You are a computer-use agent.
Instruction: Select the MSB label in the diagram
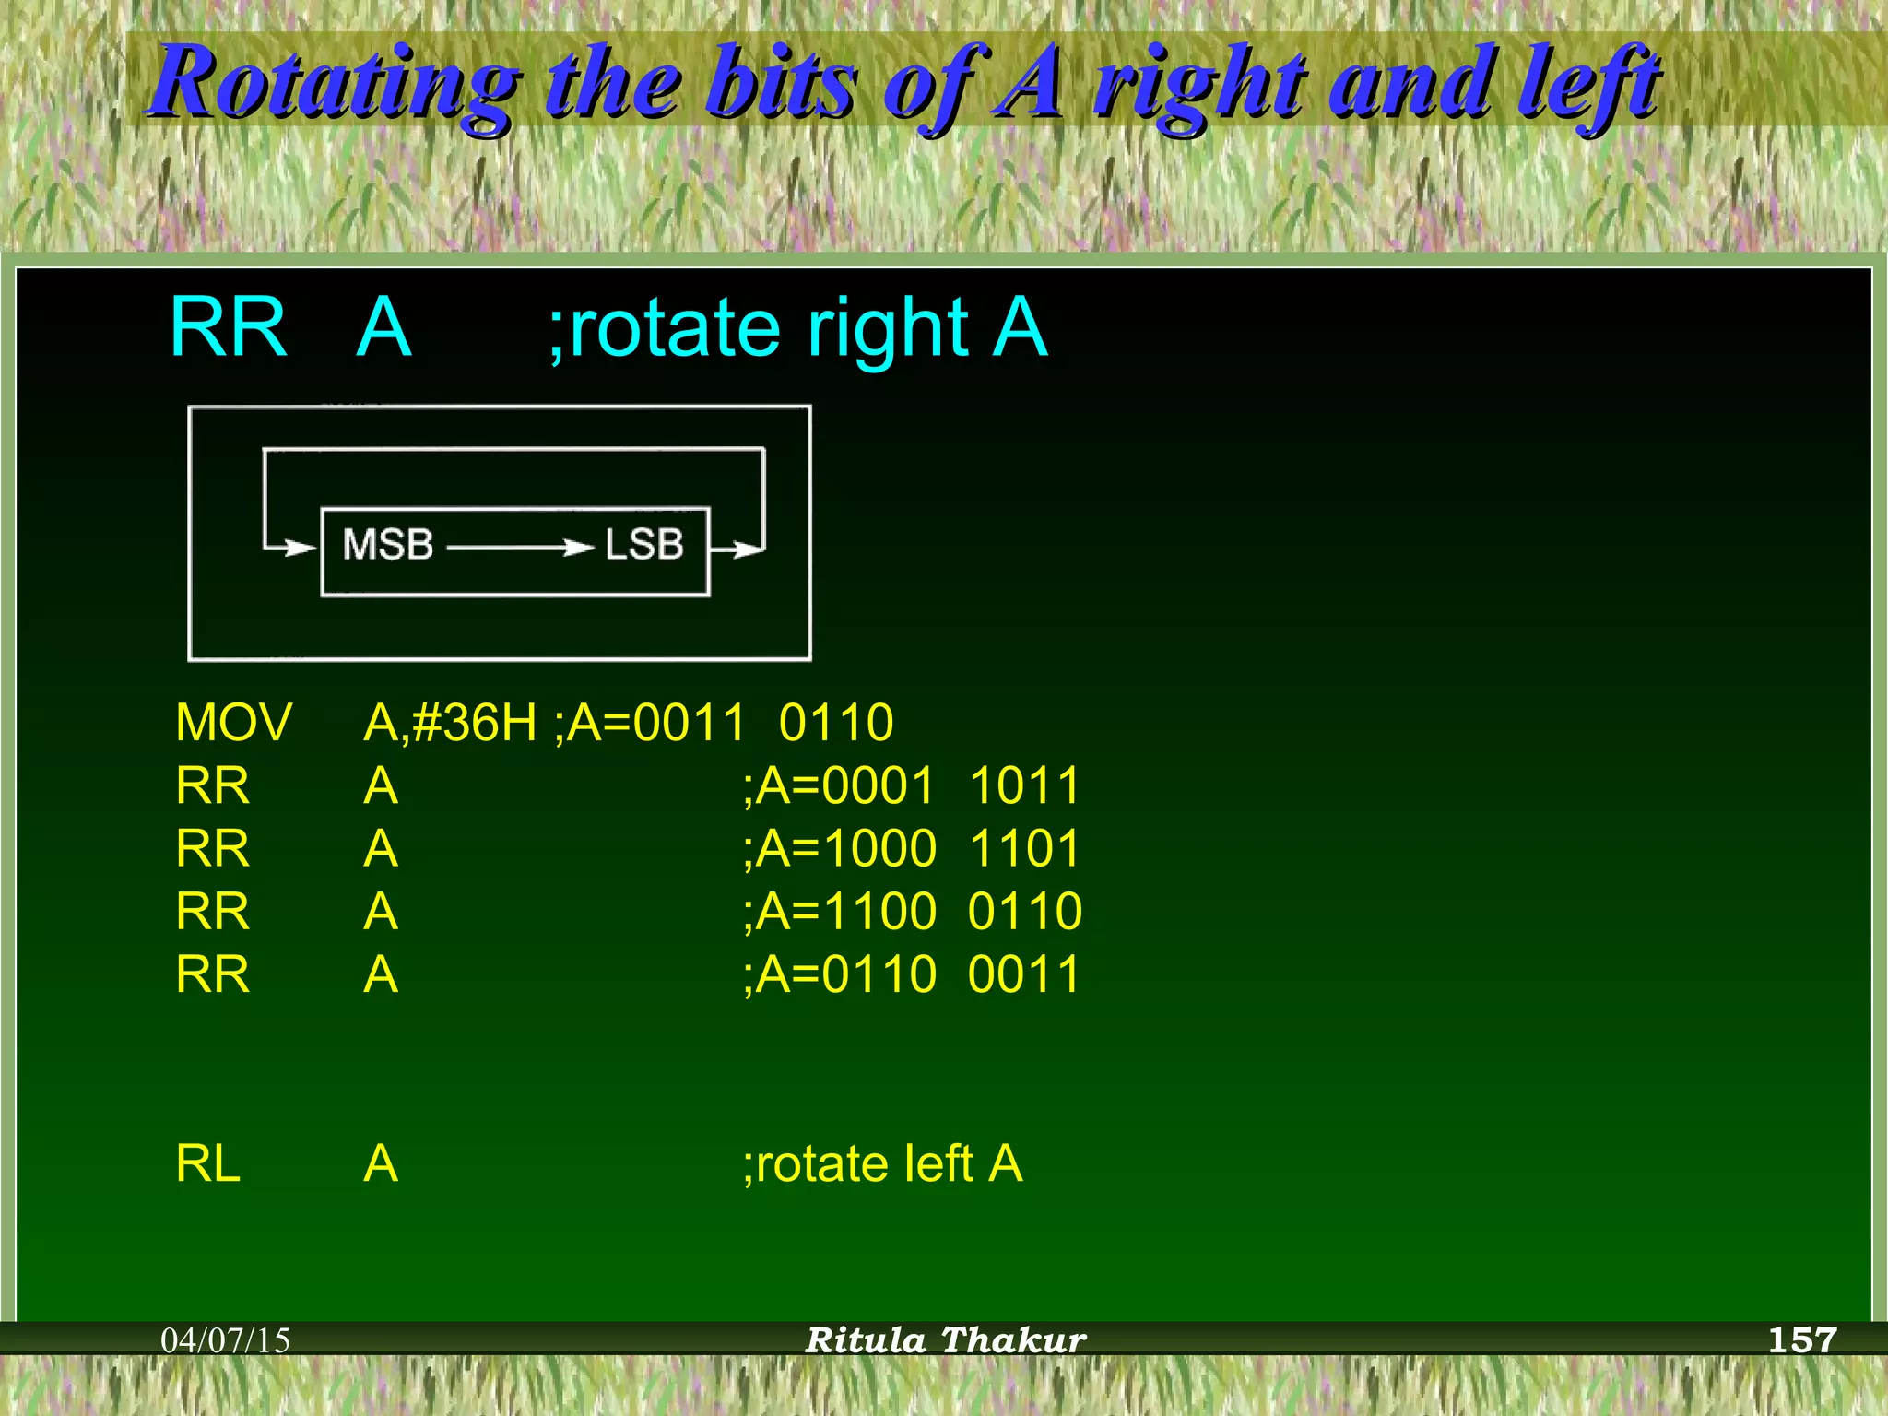[388, 545]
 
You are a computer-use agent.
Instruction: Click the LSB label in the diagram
[644, 545]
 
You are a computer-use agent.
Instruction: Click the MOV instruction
[233, 722]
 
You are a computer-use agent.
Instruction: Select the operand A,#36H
[450, 722]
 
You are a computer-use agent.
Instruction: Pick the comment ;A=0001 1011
[911, 785]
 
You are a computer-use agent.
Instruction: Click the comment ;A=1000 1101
[911, 848]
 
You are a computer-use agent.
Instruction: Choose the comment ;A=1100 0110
[911, 912]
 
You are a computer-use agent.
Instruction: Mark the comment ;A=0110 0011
[911, 974]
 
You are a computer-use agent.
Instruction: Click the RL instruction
[208, 1163]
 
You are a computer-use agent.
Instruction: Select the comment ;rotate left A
[882, 1163]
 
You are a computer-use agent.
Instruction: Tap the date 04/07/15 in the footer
[226, 1340]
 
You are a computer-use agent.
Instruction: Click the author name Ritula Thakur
[946, 1340]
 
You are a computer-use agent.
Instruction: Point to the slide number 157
[1802, 1339]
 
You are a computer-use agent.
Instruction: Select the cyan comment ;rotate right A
[798, 328]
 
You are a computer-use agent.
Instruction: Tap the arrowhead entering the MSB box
[301, 548]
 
